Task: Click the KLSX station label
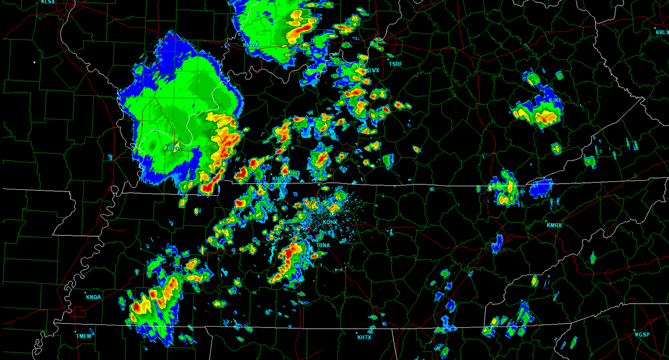48,2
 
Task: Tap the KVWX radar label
251,45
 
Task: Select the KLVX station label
373,70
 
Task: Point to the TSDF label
395,64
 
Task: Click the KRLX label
662,32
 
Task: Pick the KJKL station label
555,100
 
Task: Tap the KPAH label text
175,148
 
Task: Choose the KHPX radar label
280,179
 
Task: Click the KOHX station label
330,222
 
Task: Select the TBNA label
323,245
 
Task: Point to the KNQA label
93,297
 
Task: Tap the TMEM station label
84,336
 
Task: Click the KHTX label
364,337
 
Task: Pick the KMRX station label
554,225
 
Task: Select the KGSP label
642,335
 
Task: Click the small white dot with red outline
34,63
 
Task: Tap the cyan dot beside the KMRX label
546,221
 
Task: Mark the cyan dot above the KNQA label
86,293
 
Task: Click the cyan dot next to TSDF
388,59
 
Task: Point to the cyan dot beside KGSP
635,330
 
